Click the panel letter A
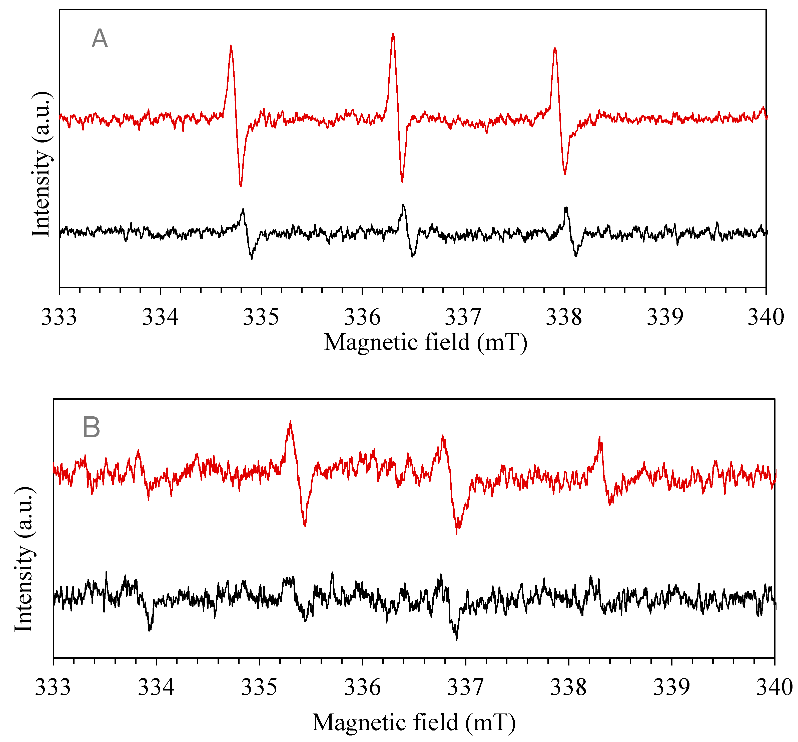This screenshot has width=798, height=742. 100,39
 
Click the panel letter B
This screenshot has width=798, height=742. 91,427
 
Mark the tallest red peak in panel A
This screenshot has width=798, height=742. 393,34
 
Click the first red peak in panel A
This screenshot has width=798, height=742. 231,46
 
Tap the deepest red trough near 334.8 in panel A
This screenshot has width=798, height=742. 240,185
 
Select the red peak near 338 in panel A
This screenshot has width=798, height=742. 555,48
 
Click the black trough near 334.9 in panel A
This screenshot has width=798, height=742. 252,258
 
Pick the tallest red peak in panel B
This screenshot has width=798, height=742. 290,421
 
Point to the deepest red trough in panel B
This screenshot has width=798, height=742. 456,533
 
